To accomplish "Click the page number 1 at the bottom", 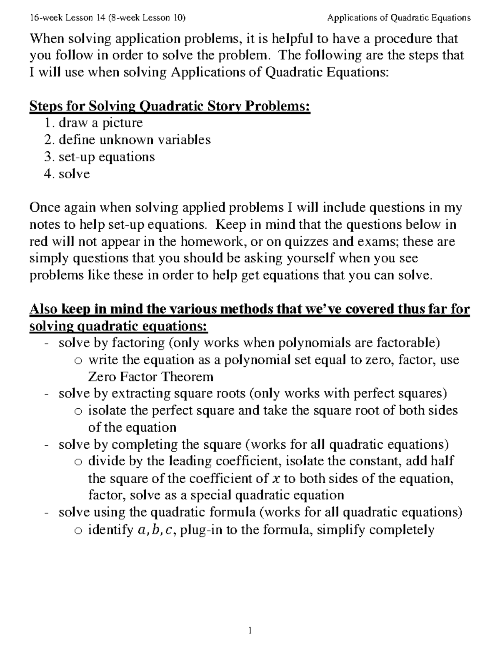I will tap(250, 630).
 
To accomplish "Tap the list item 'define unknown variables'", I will tap(134, 140).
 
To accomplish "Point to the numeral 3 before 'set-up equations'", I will tap(47, 157).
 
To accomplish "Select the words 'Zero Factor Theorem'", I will tap(150, 377).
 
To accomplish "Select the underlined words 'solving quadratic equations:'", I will tap(118, 326).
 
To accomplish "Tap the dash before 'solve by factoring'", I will tap(47, 344).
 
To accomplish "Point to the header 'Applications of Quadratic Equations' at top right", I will tap(399, 17).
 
